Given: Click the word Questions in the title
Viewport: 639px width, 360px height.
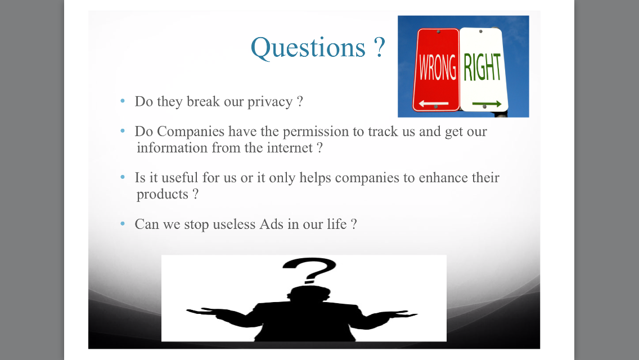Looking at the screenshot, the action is click(308, 48).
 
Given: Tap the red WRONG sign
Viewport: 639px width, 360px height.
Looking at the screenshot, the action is click(436, 70).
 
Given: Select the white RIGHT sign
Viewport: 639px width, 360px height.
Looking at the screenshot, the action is click(483, 69).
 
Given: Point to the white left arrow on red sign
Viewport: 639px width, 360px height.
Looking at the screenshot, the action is click(434, 103).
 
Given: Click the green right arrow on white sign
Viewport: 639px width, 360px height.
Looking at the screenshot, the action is click(487, 104).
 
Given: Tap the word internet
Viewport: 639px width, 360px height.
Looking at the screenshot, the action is click(290, 147).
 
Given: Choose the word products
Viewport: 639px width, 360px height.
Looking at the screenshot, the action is click(162, 195).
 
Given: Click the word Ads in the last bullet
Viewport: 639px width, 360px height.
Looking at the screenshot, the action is click(271, 224).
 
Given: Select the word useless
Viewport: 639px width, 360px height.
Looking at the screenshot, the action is click(234, 224).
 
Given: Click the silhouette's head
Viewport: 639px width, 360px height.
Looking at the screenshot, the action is click(309, 294).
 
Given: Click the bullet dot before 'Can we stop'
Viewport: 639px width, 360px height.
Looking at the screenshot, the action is click(123, 223).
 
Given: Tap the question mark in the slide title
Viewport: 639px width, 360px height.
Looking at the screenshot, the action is click(379, 47).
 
